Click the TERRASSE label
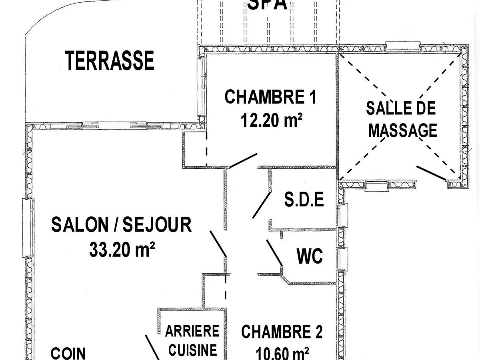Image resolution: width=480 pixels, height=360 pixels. tap(110, 61)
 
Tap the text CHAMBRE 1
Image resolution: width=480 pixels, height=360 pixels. tap(270, 97)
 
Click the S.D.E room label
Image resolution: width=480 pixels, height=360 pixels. tap(304, 200)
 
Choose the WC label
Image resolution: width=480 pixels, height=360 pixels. tap(310, 256)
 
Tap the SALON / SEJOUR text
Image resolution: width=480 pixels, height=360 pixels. tap(121, 225)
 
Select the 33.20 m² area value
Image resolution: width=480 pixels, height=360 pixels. tap(122, 250)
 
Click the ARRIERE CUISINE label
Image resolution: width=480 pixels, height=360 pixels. tap(192, 340)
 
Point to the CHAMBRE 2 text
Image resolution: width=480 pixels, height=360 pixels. tap(282, 332)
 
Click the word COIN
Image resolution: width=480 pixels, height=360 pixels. tap(68, 353)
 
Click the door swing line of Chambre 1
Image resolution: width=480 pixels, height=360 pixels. tap(243, 160)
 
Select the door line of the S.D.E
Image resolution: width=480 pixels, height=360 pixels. tap(262, 204)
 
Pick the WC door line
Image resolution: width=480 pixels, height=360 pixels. tap(274, 252)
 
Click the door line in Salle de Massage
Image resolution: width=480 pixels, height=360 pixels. tap(431, 173)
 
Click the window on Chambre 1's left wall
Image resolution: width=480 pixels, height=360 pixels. tap(202, 86)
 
